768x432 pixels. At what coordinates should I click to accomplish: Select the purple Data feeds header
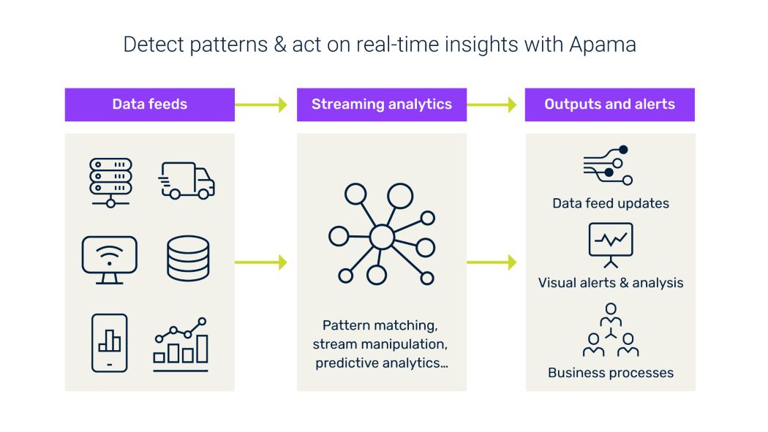149,105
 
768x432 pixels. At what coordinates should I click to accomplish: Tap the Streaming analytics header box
381,105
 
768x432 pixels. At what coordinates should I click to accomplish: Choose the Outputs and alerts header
609,105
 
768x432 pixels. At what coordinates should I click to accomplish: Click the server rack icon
110,181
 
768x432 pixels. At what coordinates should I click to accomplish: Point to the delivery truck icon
187,181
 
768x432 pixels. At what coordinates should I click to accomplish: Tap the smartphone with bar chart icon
110,342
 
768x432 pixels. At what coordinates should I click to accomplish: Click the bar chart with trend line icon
181,342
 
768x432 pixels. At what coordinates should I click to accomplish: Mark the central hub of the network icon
381,237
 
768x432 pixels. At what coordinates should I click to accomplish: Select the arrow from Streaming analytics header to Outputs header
495,105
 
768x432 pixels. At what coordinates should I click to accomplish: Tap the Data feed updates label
611,203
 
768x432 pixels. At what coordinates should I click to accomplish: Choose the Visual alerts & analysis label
611,282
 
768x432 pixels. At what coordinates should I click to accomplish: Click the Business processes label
611,373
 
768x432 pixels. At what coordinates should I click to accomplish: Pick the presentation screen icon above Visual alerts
611,243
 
